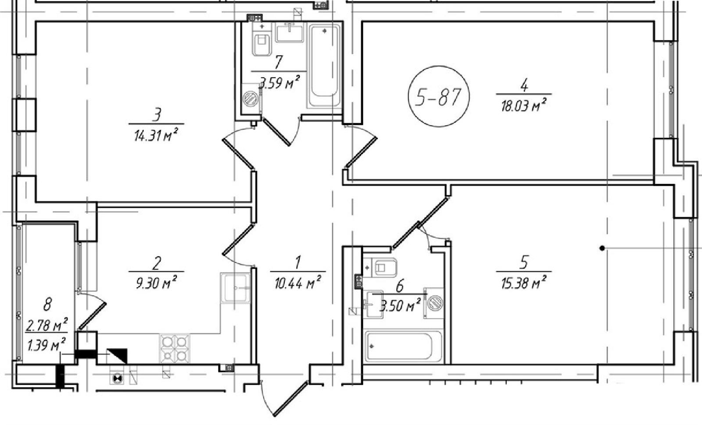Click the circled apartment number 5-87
438,97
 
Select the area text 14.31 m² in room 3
156,136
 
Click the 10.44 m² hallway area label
298,283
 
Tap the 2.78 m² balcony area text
47,326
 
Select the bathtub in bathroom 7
324,66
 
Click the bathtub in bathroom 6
402,346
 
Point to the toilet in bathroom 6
384,268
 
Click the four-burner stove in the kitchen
175,348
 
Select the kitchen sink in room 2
236,288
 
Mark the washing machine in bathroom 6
434,303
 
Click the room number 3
157,114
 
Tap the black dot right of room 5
602,248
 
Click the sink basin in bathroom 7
289,32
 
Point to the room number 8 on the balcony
48,304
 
